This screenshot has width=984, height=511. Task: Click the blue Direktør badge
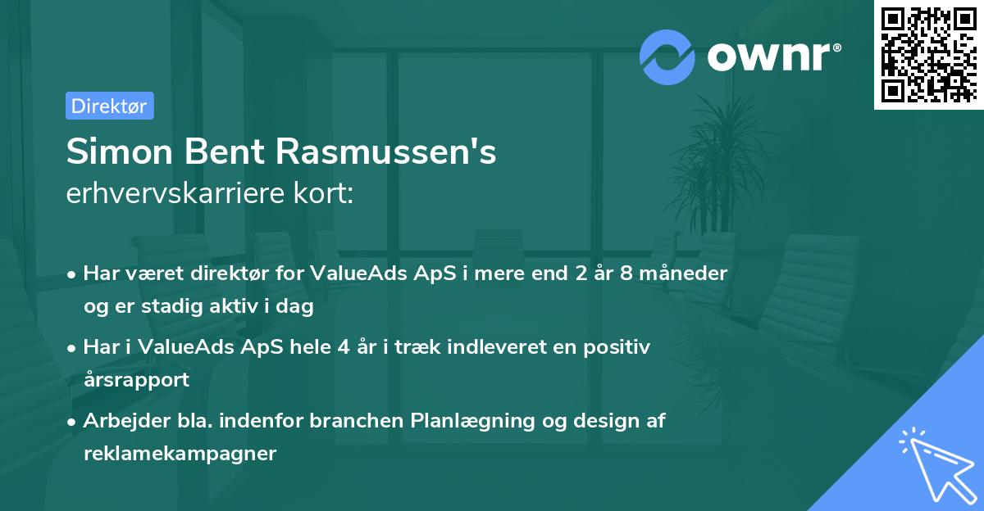[x=109, y=106]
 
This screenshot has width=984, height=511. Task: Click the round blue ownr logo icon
[x=667, y=56]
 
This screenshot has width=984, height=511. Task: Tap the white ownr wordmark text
[x=773, y=57]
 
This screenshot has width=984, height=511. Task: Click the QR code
[x=928, y=54]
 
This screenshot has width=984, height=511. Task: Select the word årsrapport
[x=136, y=380]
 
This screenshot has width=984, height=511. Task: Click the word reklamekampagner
[x=180, y=454]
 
